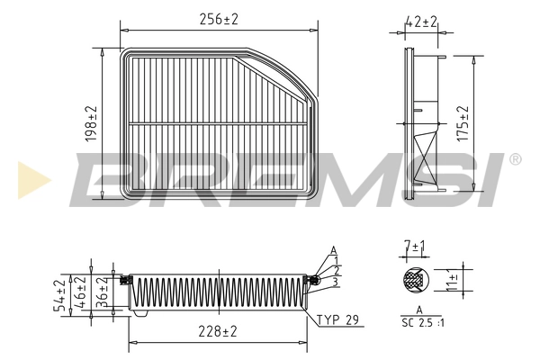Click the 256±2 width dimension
tap(220, 19)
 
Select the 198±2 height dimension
tap(93, 125)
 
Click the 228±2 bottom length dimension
tap(219, 332)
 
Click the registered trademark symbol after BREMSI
tap(514, 159)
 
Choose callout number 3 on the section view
tap(336, 282)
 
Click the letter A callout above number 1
tap(334, 249)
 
